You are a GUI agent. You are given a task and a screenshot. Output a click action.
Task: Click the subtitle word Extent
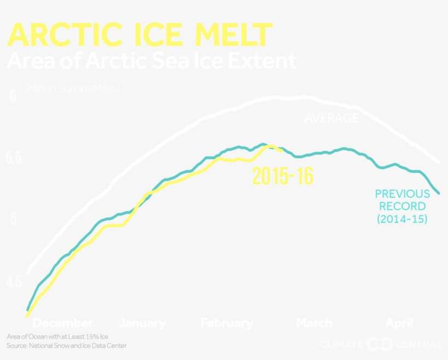point(262,61)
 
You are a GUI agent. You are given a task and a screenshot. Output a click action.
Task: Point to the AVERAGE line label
point(331,118)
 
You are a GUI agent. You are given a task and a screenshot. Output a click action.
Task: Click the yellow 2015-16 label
point(282,176)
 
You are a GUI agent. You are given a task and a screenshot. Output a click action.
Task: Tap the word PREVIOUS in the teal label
point(402,194)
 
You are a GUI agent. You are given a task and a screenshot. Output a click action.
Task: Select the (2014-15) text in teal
point(402,219)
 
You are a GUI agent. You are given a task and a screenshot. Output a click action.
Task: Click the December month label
point(63,323)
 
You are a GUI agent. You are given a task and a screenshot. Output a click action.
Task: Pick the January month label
point(142,323)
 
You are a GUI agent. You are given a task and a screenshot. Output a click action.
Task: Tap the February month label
point(227,323)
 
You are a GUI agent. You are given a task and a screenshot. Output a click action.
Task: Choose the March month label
point(314,323)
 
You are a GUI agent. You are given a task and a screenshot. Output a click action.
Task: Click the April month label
point(399,323)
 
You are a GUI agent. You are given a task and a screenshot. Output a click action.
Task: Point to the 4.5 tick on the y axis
point(14,282)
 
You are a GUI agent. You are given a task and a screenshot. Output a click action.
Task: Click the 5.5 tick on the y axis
point(14,158)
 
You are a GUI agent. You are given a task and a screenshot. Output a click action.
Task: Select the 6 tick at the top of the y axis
point(13,97)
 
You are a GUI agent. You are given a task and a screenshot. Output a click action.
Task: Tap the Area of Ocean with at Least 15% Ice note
point(58,337)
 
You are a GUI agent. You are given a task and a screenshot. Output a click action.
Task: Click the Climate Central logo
point(380,344)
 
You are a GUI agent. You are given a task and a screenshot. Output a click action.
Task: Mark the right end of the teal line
point(439,192)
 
